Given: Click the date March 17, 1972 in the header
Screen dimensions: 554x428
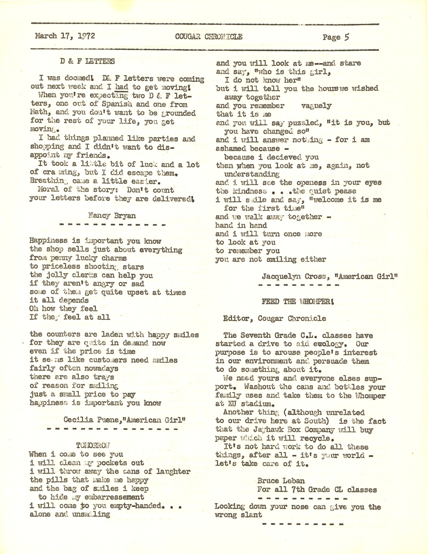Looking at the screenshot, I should click(x=65, y=36).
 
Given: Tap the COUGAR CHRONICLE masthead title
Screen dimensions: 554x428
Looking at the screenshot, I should click(x=209, y=37).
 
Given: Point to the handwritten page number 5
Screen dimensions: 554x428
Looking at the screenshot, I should click(x=347, y=37).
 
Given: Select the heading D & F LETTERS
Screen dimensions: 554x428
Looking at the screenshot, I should click(x=87, y=61).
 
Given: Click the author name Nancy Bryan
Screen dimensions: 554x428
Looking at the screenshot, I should click(x=112, y=215).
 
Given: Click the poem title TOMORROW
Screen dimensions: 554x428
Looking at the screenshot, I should click(x=93, y=446).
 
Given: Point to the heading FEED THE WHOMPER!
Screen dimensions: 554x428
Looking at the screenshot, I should click(x=298, y=302).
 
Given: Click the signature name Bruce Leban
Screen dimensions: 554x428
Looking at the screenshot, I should click(x=281, y=481).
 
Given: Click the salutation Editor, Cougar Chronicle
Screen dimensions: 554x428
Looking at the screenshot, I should click(x=275, y=318).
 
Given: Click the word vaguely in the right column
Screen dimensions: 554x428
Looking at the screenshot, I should click(x=316, y=106).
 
